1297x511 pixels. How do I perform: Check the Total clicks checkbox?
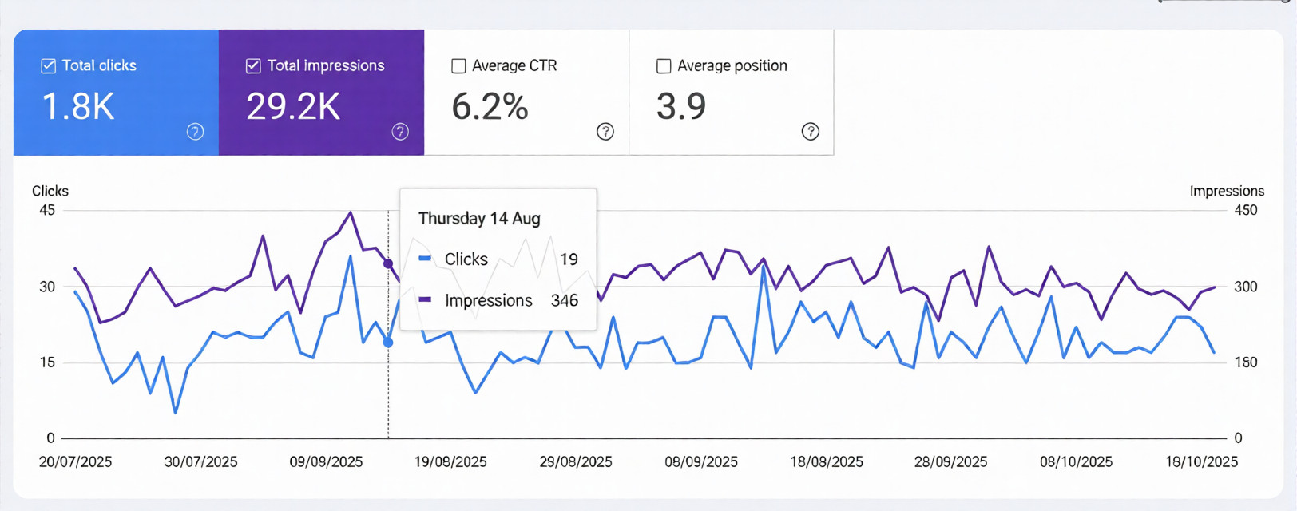coord(49,66)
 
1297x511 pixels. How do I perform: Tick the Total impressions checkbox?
coord(253,66)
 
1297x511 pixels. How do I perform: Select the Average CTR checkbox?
coord(458,66)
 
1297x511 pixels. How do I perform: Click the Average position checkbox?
coord(664,66)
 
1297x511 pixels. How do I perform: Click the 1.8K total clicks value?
coord(77,107)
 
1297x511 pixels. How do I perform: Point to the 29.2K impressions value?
coord(293,107)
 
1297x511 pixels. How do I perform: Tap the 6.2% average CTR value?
coord(490,107)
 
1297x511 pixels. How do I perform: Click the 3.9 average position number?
coord(681,107)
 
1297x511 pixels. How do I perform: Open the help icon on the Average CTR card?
coord(605,132)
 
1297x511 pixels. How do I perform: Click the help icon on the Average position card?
coord(811,132)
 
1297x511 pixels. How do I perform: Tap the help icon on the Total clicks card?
coord(195,132)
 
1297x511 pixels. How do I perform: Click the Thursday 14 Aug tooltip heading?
coord(479,219)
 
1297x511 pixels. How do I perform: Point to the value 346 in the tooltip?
coord(565,301)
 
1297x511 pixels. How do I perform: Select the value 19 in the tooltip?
coord(569,259)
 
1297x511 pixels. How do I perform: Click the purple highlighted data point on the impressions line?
coord(388,263)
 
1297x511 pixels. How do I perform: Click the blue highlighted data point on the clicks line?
coord(388,343)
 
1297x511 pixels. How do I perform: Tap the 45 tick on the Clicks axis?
coord(47,211)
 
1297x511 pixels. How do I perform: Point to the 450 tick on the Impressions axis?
coord(1246,211)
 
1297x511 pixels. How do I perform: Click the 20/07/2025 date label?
coord(75,462)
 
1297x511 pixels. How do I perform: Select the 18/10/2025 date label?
coord(1201,462)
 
